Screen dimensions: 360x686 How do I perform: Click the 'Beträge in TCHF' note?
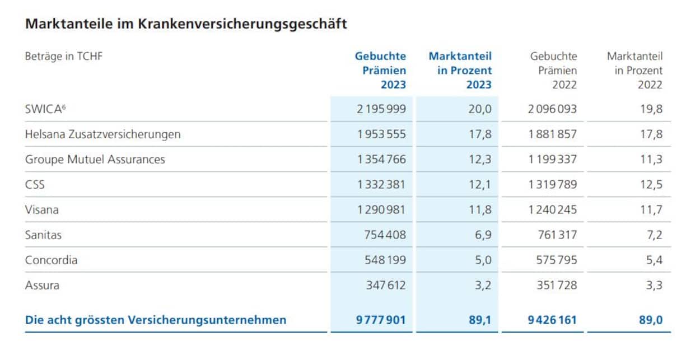pos(64,56)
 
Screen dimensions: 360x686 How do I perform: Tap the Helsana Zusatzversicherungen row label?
pos(102,134)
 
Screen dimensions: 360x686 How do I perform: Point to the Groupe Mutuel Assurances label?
pos(95,160)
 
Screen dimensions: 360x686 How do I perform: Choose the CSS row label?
pos(35,185)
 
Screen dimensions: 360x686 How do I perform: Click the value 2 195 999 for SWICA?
pos(381,109)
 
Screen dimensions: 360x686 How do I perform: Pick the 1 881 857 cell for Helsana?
pos(552,134)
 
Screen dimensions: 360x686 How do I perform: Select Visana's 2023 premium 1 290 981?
pos(381,210)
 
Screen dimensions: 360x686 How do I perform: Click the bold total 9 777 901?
pos(381,320)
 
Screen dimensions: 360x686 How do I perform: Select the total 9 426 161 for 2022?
pos(552,320)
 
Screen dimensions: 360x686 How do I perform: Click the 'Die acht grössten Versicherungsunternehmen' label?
pos(156,320)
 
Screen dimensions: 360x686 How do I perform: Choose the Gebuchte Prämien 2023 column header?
pos(381,71)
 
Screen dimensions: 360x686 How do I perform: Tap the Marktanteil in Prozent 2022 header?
pos(635,71)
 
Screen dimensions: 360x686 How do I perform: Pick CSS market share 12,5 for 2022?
pos(651,185)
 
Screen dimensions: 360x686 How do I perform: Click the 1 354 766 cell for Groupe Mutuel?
pos(381,160)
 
